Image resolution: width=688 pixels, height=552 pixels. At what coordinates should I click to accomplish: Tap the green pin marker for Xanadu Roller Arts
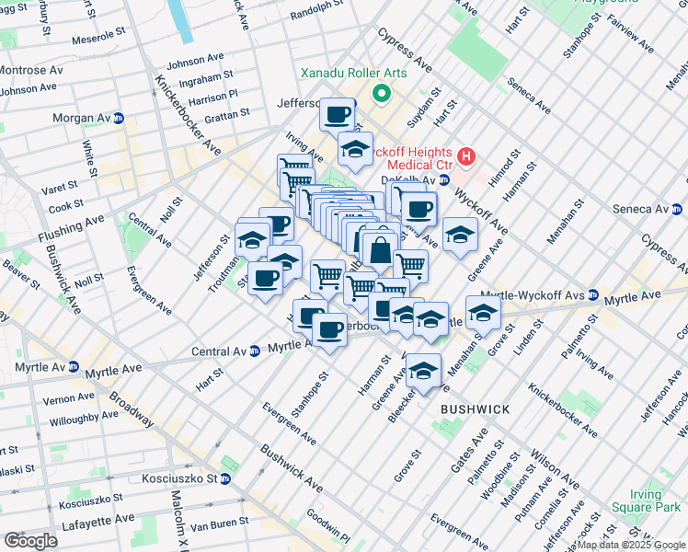379,94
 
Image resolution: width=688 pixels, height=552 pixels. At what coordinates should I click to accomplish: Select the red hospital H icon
466,157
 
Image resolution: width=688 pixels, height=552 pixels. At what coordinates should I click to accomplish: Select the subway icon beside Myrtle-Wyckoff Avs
593,296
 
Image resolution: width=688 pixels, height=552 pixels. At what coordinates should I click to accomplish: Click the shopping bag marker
379,249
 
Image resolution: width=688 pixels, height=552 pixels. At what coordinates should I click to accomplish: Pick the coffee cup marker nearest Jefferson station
338,115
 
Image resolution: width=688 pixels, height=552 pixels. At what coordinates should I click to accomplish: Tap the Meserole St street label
94,34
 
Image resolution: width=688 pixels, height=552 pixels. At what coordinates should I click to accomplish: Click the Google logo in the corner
30,541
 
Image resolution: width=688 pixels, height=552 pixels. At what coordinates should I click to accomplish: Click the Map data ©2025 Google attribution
631,545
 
